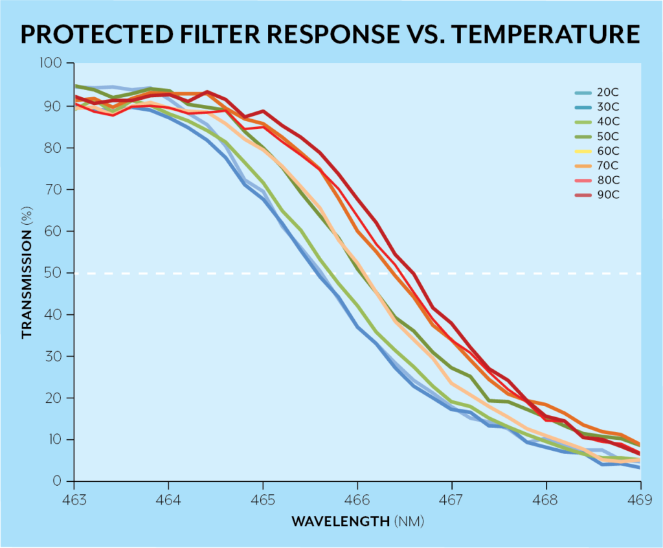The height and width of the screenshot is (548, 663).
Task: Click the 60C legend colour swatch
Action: pyautogui.click(x=585, y=151)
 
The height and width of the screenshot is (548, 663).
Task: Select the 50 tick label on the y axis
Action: pyautogui.click(x=57, y=273)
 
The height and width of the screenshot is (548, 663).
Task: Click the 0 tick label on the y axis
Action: pyautogui.click(x=60, y=481)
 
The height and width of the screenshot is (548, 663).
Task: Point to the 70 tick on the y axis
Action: pyautogui.click(x=57, y=189)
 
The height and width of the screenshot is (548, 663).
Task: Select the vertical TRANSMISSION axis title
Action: pyautogui.click(x=27, y=273)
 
